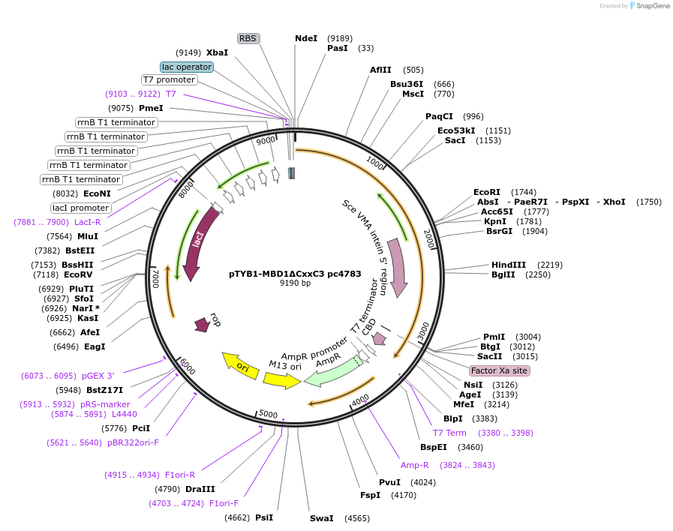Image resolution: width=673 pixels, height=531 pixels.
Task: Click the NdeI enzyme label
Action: click(306, 38)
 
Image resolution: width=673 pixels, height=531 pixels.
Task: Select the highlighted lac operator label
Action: click(187, 67)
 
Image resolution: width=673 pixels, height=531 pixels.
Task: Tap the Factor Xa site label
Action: click(499, 370)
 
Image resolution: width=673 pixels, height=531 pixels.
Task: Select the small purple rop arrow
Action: click(203, 323)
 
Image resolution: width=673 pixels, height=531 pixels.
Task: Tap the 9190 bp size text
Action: click(295, 283)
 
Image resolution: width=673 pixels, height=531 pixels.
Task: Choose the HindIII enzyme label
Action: click(509, 265)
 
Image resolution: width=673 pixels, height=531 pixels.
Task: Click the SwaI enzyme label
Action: click(321, 518)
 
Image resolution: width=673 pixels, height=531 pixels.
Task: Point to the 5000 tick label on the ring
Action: click(268, 414)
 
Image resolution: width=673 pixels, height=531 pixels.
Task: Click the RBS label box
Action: click(248, 38)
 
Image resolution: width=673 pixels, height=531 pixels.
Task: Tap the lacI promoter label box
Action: click(80, 208)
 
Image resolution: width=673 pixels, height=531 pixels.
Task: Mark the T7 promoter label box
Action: click(169, 79)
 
